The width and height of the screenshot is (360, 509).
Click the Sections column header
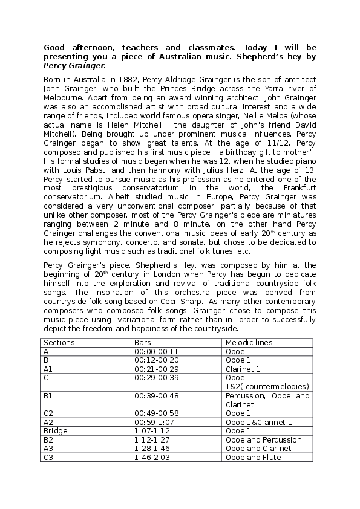(x=59, y=343)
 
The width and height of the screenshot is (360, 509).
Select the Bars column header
(x=143, y=343)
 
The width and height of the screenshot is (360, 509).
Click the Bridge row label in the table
(x=56, y=431)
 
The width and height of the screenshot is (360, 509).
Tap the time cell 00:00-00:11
(x=156, y=351)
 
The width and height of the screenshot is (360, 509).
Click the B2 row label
(x=49, y=439)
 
